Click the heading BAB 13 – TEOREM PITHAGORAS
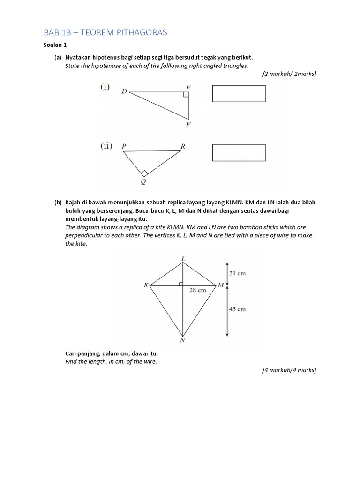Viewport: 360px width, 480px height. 105,32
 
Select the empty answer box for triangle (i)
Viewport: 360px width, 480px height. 239,93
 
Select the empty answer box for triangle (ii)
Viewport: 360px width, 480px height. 239,153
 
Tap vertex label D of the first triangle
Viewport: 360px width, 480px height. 124,91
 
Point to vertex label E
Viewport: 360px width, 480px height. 188,87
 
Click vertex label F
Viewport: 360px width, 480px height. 188,124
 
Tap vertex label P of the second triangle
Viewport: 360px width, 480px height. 124,146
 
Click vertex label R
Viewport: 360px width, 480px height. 183,146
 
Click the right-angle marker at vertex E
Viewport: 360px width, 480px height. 186,95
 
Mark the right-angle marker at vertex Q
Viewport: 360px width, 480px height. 144,173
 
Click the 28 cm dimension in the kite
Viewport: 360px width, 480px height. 197,290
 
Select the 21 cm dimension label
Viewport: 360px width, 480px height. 237,273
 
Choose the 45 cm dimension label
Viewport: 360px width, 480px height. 237,309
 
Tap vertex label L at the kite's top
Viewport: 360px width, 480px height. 183,258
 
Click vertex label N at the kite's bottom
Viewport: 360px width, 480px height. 182,341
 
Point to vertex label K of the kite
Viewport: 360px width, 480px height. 146,285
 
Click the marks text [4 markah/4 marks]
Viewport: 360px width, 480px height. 289,370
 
